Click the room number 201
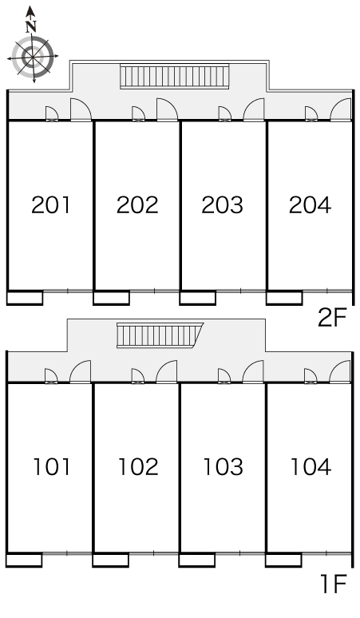click(51, 205)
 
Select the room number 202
click(137, 205)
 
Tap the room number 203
click(223, 205)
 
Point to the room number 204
click(310, 205)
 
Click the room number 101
click(52, 466)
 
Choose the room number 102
click(138, 466)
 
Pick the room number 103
click(223, 466)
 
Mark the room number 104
click(311, 466)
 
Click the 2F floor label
click(331, 318)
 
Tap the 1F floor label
click(333, 584)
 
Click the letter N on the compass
click(31, 26)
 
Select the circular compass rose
click(33, 57)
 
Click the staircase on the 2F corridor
click(175, 76)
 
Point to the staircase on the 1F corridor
click(160, 335)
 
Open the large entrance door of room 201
click(81, 109)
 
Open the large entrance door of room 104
click(340, 371)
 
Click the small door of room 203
click(225, 113)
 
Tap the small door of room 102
click(138, 376)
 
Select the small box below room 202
click(112, 298)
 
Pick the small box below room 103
click(197, 560)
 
